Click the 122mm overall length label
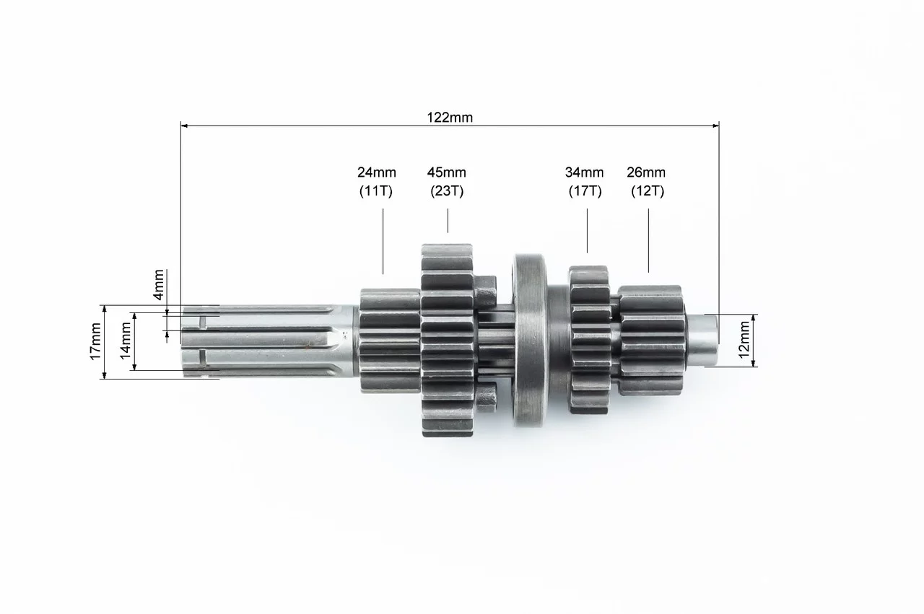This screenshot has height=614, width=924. (450, 118)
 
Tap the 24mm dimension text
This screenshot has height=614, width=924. (377, 172)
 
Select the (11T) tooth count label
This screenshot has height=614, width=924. (376, 191)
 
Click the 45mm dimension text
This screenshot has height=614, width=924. (447, 172)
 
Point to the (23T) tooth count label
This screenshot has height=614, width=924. (447, 191)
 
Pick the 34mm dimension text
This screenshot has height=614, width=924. (584, 172)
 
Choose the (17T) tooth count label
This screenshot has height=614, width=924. (585, 191)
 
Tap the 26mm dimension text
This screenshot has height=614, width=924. (646, 172)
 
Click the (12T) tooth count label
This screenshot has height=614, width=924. (648, 191)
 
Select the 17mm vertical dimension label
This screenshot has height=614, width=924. (95, 341)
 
